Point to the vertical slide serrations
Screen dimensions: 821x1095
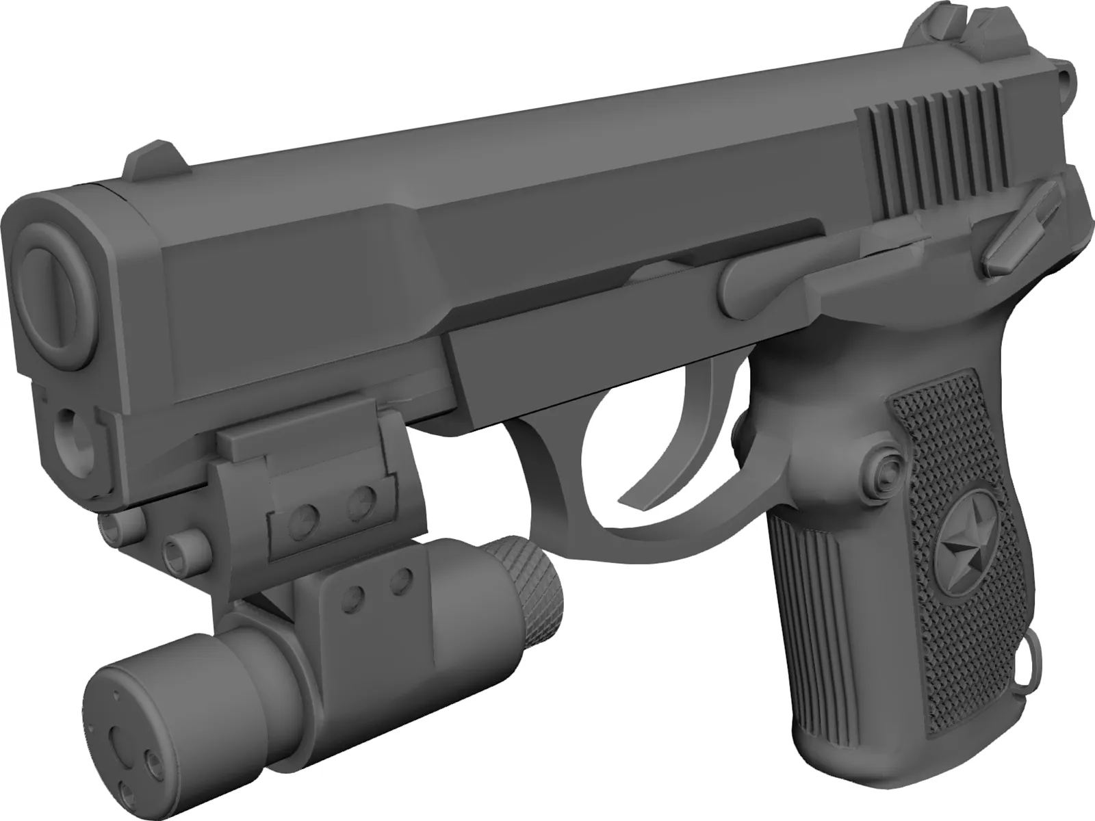pyautogui.click(x=931, y=157)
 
